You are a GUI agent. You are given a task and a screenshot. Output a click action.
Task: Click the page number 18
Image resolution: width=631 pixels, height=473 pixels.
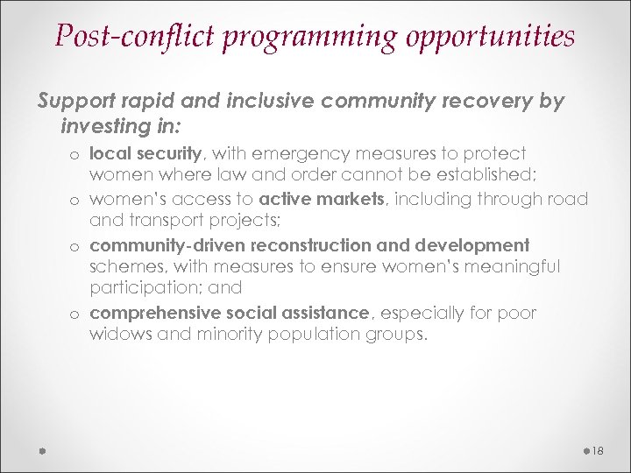pyautogui.click(x=598, y=451)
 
